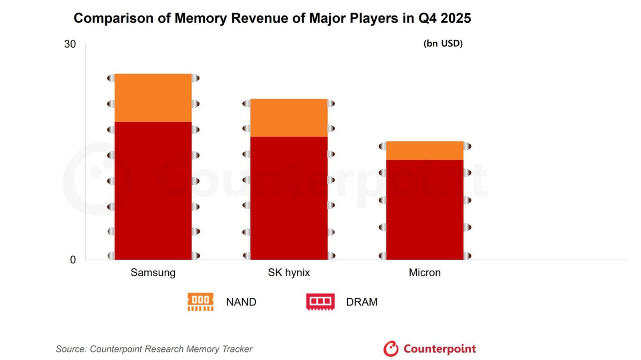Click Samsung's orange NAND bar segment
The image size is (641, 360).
(153, 98)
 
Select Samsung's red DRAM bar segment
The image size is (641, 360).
(153, 191)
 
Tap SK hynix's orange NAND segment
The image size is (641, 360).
(289, 118)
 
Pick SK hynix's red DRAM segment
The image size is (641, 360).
(289, 198)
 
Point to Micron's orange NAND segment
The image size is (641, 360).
(425, 151)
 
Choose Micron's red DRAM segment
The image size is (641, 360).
(425, 210)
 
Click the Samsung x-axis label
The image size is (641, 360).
(153, 273)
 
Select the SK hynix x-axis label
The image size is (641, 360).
(289, 273)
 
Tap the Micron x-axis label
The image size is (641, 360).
(425, 273)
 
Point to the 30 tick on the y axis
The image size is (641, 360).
(70, 44)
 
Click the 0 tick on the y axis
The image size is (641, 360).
(73, 260)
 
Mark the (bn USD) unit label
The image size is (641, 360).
(443, 43)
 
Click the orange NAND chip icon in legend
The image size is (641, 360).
(200, 302)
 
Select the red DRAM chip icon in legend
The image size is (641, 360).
(320, 302)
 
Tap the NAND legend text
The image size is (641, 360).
(241, 302)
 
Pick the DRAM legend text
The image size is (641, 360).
(362, 302)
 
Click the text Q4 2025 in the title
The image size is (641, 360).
(445, 18)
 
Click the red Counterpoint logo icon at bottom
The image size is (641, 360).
(391, 349)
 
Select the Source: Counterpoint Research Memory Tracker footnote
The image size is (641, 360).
(154, 349)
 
